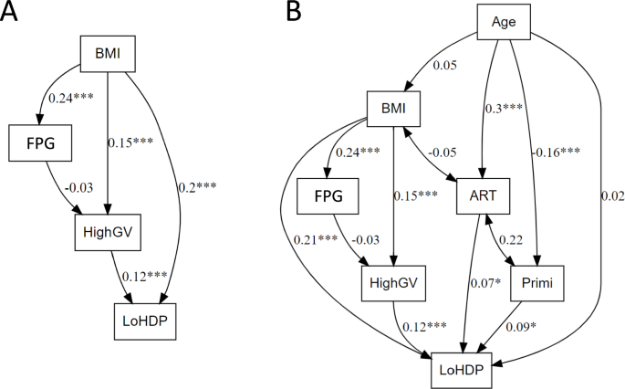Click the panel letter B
(294, 13)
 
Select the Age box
(511, 21)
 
